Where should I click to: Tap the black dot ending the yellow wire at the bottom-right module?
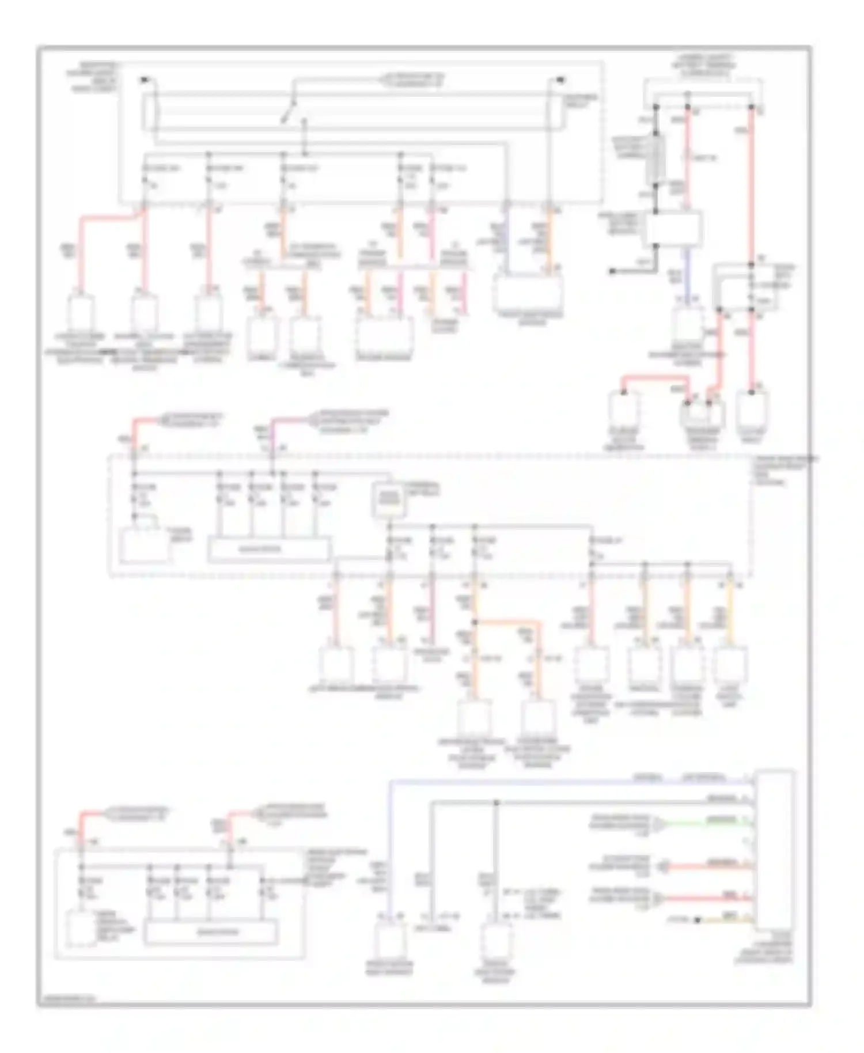tap(698, 920)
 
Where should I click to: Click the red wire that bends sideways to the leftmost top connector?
tap(109, 218)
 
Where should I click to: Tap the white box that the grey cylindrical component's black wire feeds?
tap(673, 228)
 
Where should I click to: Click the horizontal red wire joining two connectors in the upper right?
tap(657, 377)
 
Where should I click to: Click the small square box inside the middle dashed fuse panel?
tap(389, 500)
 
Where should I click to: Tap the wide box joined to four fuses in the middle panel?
tap(269, 549)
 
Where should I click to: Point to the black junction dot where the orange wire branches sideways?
tap(475, 623)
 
